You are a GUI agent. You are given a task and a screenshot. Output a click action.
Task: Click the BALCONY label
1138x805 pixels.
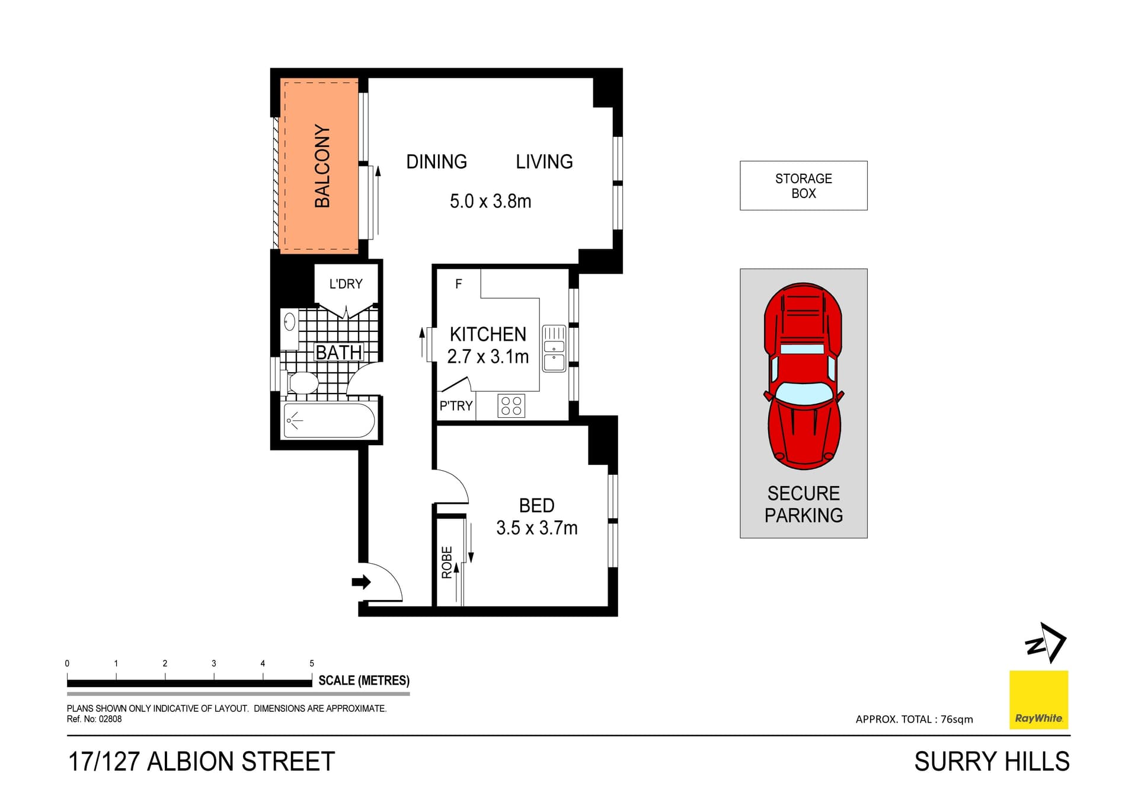pos(322,166)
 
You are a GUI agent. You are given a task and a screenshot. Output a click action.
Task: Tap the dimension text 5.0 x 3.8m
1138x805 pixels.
pos(490,202)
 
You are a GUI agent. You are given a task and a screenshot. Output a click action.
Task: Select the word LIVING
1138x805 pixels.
pos(544,162)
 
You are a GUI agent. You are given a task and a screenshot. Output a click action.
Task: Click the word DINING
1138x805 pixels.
pos(436,162)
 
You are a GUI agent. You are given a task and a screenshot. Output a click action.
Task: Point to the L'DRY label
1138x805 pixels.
pos(346,284)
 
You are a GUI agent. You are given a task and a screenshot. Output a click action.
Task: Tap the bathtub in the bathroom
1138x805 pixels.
pos(329,420)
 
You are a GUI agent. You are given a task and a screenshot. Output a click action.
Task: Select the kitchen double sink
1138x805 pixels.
pos(554,349)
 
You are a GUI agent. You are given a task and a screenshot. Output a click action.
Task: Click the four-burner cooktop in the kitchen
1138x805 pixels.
pos(511,406)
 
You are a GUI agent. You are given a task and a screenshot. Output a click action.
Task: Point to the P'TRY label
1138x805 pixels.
pos(456,406)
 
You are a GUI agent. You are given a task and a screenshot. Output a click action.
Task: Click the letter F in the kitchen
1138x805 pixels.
pos(458,284)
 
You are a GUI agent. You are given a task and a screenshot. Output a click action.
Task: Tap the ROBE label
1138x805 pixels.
pos(447,562)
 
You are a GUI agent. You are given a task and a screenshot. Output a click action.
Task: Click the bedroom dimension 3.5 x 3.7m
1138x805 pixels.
pos(536,528)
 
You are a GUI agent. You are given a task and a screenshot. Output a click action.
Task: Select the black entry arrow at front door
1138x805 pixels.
pos(361,582)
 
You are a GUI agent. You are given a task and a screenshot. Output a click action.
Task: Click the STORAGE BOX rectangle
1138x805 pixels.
pos(803,186)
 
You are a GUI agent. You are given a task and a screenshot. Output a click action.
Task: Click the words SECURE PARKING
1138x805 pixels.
pos(803,504)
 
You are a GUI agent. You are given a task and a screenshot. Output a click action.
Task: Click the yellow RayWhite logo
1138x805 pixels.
pos(1038,699)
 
